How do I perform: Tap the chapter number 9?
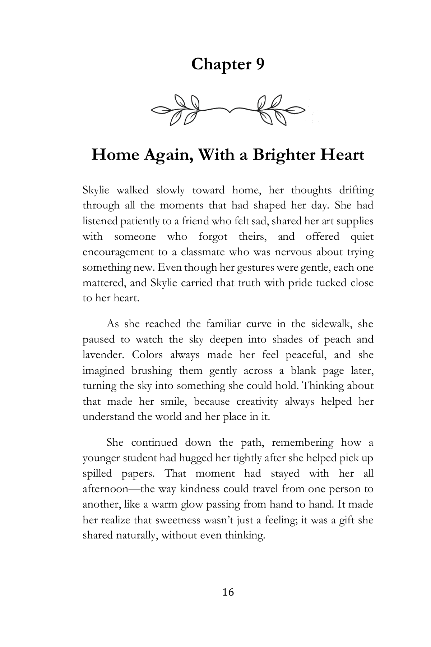click(x=260, y=64)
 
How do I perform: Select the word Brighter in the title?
click(x=283, y=155)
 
